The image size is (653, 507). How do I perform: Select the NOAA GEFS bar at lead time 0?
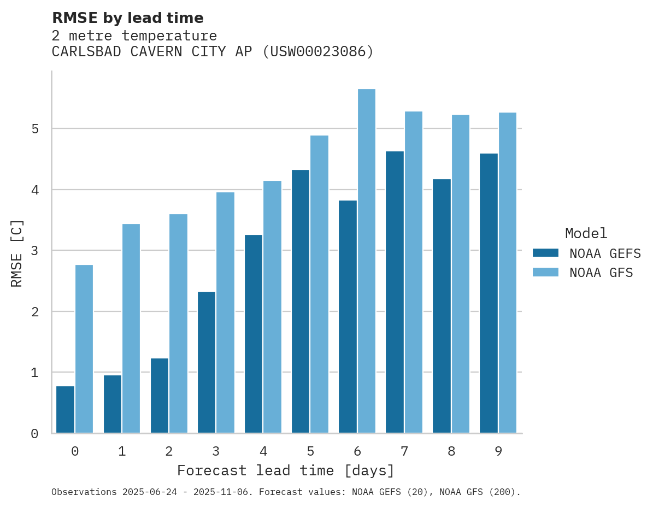pos(65,410)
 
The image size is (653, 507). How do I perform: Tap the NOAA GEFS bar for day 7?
pos(395,292)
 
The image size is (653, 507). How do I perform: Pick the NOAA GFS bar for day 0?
pos(84,349)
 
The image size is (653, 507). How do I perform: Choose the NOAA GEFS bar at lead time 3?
pos(207,362)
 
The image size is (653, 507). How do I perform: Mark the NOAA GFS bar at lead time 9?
pos(507,273)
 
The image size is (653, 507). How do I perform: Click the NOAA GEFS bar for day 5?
pos(301,302)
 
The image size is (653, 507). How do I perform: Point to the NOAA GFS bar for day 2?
pos(178,323)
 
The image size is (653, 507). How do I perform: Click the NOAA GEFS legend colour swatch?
pos(545,253)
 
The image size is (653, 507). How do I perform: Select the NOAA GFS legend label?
pos(601,273)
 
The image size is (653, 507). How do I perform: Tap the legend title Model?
pos(586,233)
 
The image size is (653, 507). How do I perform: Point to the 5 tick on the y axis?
pos(34,129)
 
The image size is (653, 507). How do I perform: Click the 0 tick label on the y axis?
pos(34,434)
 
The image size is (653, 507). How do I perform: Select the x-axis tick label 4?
pos(263,451)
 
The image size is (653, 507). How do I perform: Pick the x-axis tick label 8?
pos(451,451)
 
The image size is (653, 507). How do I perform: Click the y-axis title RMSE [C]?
pos(17,253)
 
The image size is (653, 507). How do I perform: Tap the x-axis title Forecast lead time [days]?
pos(285,470)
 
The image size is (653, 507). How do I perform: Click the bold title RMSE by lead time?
pos(127,18)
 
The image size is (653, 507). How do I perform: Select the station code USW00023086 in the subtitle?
pos(317,52)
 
